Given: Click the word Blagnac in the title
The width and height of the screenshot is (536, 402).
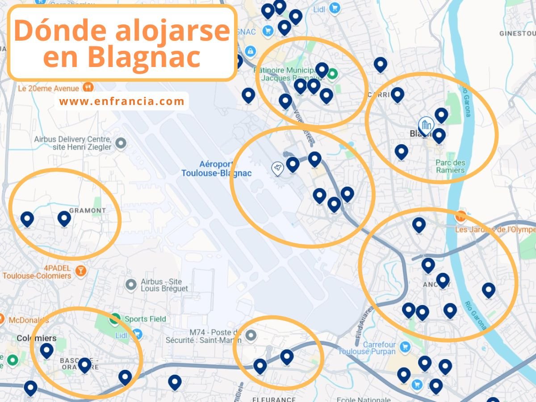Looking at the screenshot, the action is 144,57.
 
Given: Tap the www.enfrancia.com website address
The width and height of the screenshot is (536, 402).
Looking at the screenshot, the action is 121,101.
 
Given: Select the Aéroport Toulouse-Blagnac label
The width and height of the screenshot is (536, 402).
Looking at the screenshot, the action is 216,169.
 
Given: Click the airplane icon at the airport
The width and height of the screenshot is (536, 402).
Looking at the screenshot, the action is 278,168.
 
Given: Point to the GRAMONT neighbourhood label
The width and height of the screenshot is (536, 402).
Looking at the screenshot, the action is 88,210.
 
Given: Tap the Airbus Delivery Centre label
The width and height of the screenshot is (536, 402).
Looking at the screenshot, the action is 72,143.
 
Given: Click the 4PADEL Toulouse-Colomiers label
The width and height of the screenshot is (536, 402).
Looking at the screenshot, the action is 37,272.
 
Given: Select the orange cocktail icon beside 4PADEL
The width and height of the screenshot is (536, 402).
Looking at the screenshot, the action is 80,270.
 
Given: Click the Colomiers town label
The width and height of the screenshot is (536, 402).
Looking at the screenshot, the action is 36,338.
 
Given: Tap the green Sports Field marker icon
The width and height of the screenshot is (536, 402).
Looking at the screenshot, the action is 115,319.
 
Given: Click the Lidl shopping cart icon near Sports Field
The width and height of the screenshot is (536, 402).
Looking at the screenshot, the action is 137,335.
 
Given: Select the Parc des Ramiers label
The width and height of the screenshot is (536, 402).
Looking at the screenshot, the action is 451,166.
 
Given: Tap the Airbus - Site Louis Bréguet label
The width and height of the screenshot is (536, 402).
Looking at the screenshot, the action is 164,285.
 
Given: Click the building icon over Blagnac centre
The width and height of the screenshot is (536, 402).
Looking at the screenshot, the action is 426,125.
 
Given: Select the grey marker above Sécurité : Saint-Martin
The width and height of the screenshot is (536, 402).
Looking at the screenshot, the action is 251,335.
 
